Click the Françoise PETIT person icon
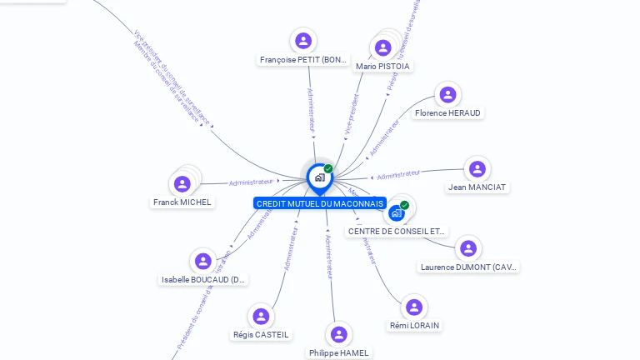click(x=303, y=40)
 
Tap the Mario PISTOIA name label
click(x=383, y=66)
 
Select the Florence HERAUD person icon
click(x=448, y=94)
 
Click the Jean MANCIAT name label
click(x=477, y=187)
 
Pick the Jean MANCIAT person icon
click(x=477, y=169)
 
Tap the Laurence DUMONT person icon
click(x=468, y=248)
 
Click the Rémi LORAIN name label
click(x=414, y=325)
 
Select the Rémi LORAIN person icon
click(x=414, y=307)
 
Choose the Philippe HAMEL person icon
click(x=338, y=334)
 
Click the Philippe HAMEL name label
click(x=338, y=352)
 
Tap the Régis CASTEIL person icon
click(x=261, y=317)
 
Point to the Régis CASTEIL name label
click(x=261, y=335)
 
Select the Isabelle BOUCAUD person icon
click(x=203, y=262)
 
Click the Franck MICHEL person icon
click(x=182, y=183)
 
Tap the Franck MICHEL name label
click(x=182, y=202)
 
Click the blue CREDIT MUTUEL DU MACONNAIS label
click(x=320, y=203)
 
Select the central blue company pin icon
click(x=319, y=177)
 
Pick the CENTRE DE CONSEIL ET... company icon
click(x=397, y=212)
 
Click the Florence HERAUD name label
click(x=448, y=112)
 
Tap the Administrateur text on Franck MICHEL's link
click(x=251, y=182)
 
